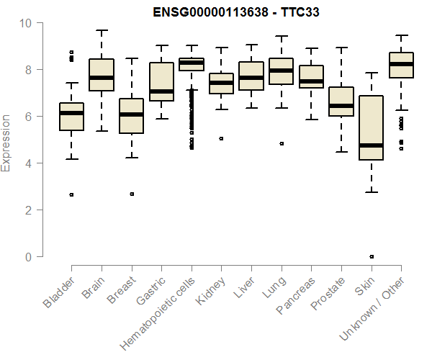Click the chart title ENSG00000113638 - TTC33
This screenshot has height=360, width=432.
[x=230, y=12]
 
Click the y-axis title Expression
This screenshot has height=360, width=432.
[x=6, y=142]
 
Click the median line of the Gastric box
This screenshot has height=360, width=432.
[x=161, y=91]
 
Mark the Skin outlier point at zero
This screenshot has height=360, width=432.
[x=371, y=256]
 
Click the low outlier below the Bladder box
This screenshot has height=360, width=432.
[x=71, y=194]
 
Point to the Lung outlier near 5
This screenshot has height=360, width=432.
[x=282, y=143]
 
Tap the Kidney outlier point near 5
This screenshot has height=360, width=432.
[x=221, y=138]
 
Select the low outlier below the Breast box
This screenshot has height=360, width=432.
[x=131, y=194]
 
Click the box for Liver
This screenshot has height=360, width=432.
[x=251, y=76]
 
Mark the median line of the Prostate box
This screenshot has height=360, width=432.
[x=341, y=106]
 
